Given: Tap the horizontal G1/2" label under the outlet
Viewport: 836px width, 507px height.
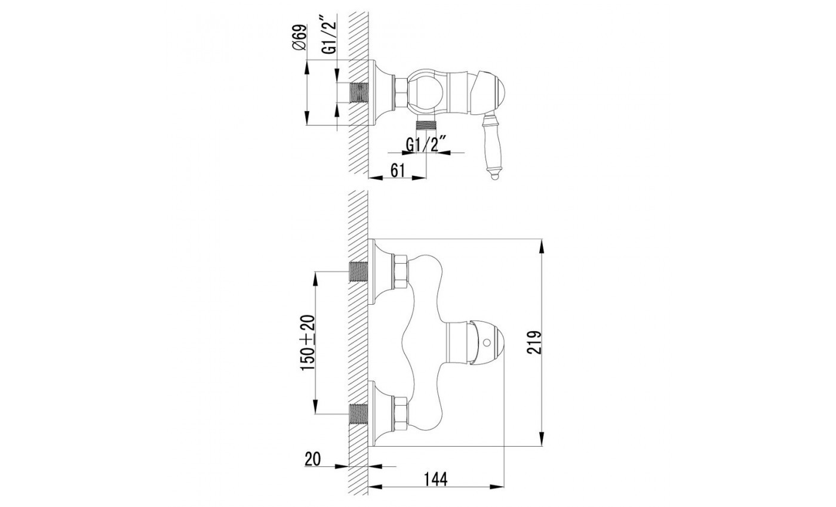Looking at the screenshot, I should tap(426, 145).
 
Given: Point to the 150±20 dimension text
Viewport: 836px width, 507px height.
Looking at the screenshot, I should tap(307, 343).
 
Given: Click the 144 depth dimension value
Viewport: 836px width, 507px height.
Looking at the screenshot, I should tap(436, 478).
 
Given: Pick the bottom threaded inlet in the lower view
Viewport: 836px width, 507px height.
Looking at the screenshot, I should tap(358, 413).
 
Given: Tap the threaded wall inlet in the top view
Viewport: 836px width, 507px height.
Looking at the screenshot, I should tap(358, 93).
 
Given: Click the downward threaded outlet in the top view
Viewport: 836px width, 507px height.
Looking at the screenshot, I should tap(426, 126).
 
